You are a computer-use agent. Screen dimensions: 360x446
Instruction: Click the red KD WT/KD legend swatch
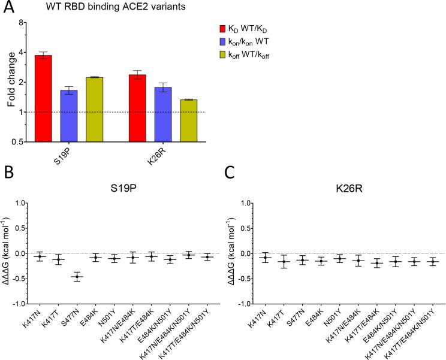coord(222,28)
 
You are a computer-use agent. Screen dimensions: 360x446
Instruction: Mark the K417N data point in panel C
coord(264,258)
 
